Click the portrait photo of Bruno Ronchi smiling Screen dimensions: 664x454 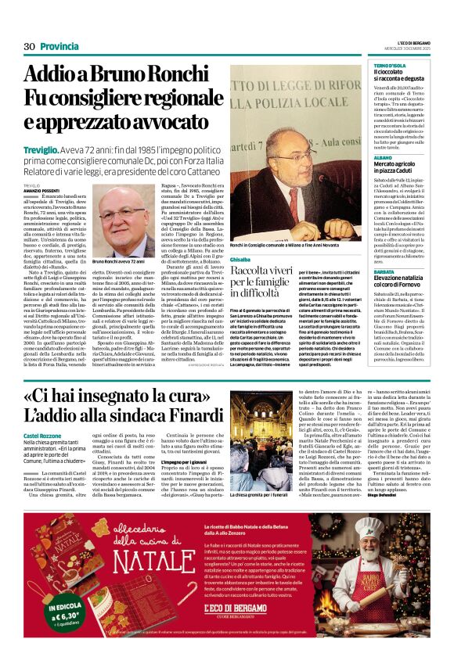click(x=123, y=223)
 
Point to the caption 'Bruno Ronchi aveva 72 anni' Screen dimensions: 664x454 click(x=119, y=261)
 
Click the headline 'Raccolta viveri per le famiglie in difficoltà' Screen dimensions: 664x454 click(x=258, y=282)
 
